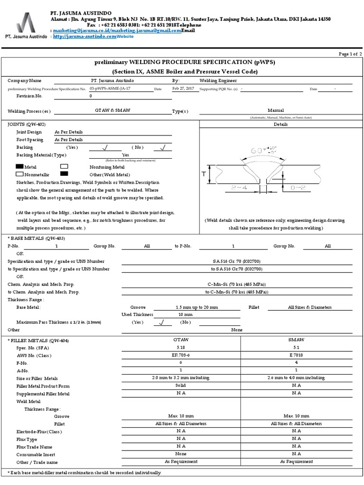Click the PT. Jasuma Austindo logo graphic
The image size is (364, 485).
[x=25, y=21]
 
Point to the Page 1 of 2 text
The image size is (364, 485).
[x=350, y=54]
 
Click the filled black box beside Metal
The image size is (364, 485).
[x=19, y=167]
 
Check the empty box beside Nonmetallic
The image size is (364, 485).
[x=19, y=174]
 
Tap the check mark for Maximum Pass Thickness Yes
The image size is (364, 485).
[x=162, y=322]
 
